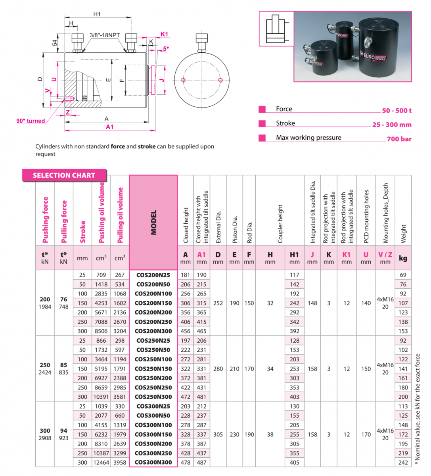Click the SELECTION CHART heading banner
(x=64, y=175)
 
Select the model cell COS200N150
(x=153, y=303)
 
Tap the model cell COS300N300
(x=153, y=463)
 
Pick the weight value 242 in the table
(x=403, y=463)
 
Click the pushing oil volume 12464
(x=101, y=463)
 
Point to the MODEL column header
(x=153, y=222)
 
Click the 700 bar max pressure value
(x=399, y=139)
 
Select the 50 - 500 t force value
(x=397, y=111)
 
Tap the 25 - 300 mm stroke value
(x=391, y=125)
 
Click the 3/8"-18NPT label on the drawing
(x=105, y=35)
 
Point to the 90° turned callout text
(x=31, y=121)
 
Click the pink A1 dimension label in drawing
(x=109, y=127)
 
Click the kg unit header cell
(x=403, y=258)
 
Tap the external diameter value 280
(x=218, y=369)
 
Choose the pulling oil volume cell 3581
(x=120, y=397)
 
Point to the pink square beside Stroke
(x=262, y=124)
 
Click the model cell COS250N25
(x=153, y=341)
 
